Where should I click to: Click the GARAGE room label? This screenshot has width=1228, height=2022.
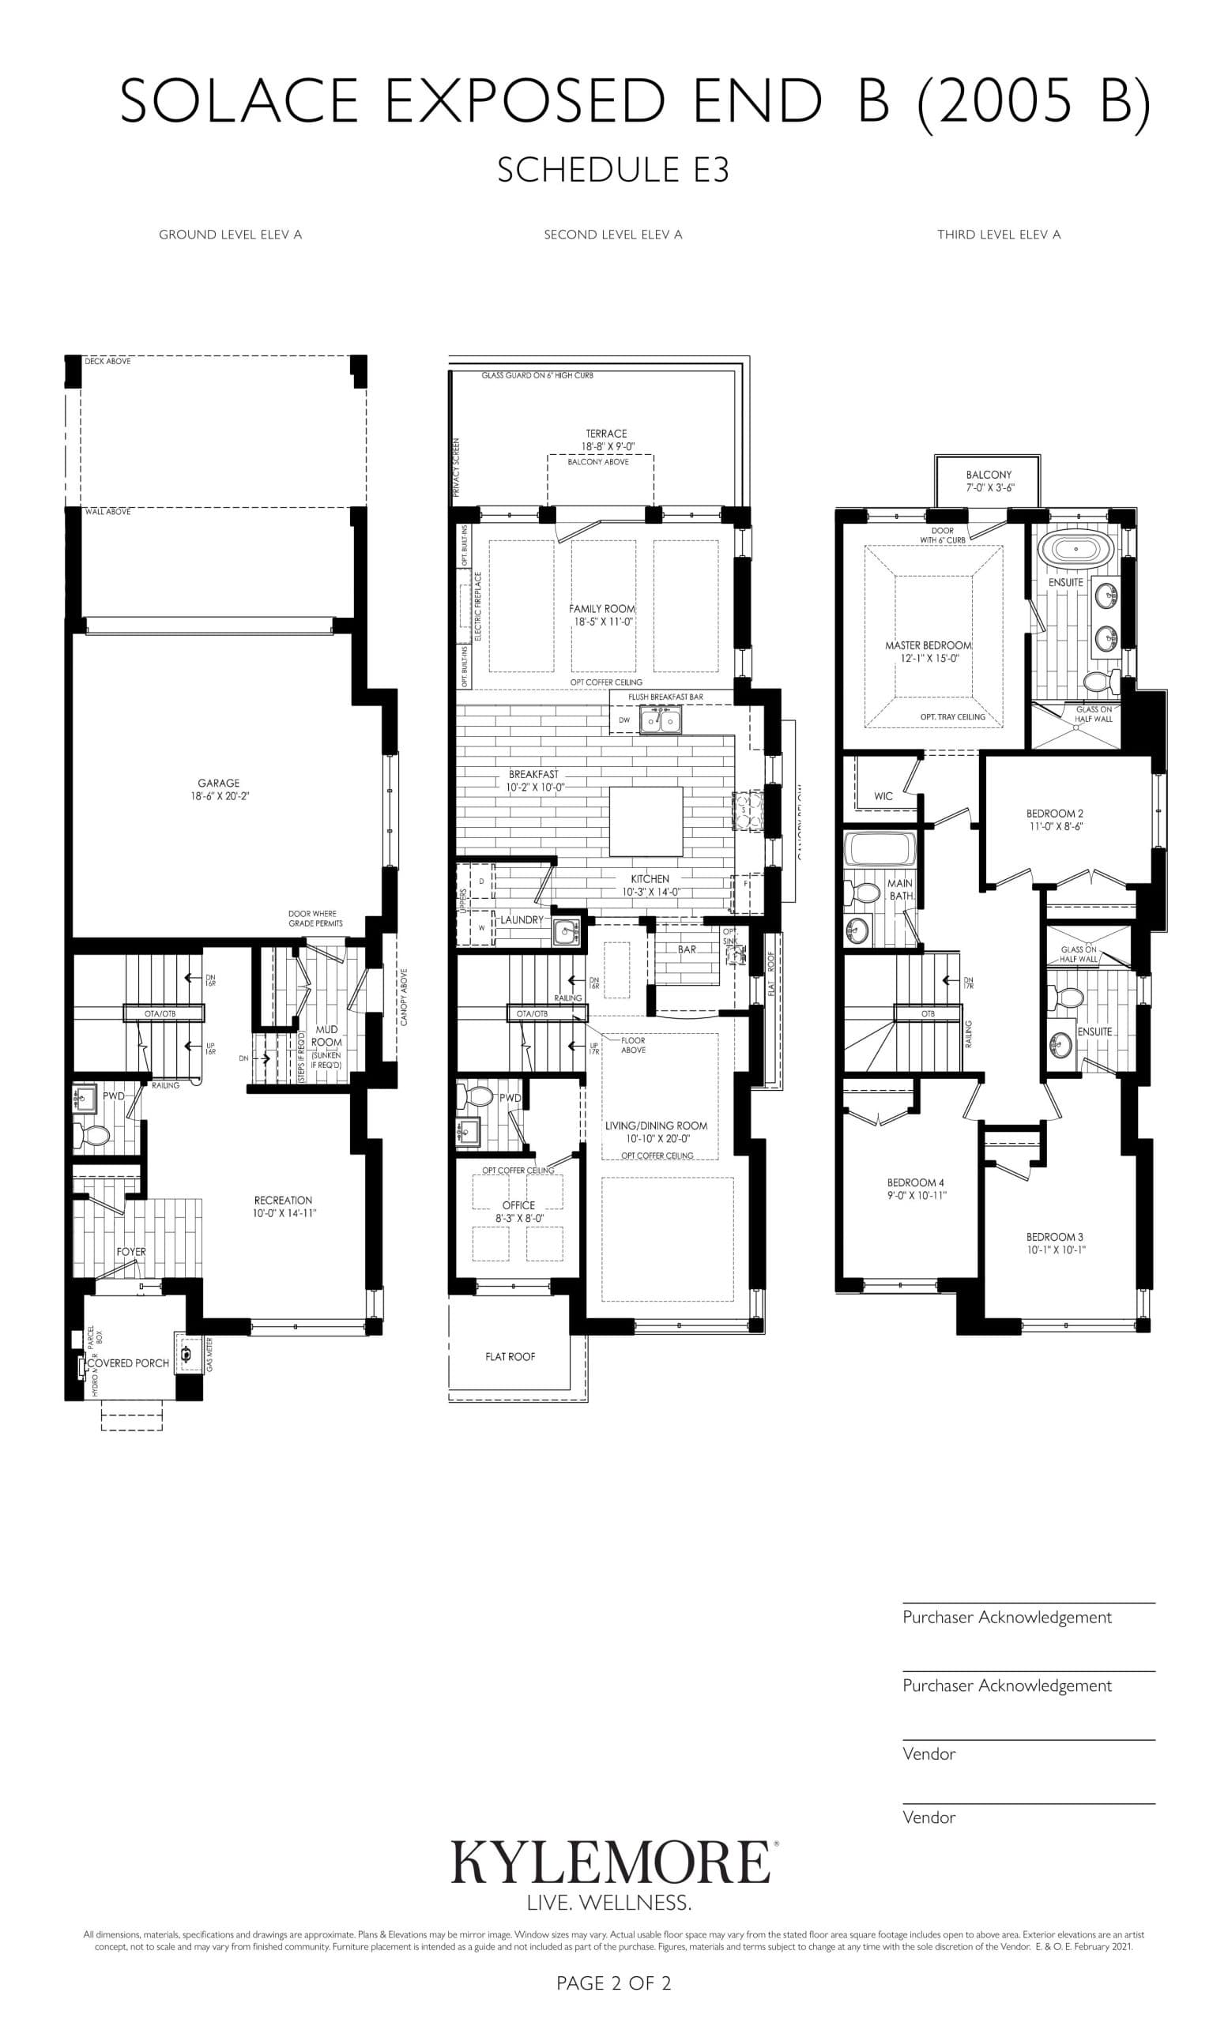coord(218,783)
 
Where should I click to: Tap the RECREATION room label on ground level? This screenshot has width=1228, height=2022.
coord(283,1200)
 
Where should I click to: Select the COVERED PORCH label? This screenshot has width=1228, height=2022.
coord(128,1363)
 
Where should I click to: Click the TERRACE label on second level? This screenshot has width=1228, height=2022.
coord(606,434)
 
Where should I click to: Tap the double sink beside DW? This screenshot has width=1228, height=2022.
coord(660,720)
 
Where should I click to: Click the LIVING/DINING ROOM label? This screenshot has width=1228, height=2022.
coord(656,1126)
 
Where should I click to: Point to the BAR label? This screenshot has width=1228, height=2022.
coord(686,949)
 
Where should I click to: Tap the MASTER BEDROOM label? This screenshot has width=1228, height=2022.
coord(928,645)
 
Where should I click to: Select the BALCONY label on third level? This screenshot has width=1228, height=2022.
coord(989,475)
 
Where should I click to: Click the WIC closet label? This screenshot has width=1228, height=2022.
coord(883,796)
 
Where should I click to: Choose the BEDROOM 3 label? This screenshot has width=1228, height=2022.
coord(1054,1237)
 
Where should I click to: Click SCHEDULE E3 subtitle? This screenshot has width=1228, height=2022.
coord(613,170)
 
